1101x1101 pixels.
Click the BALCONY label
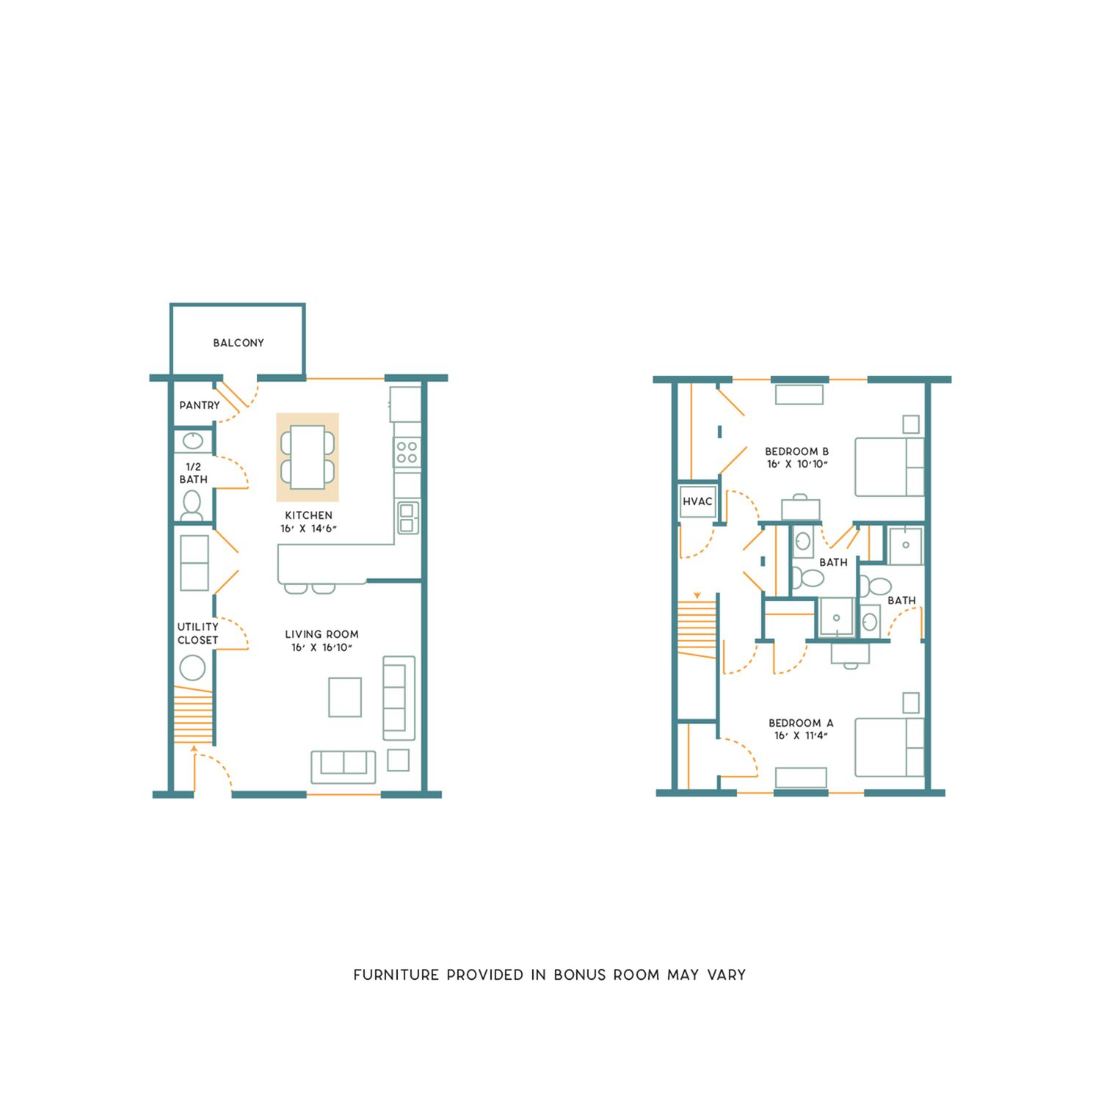(238, 343)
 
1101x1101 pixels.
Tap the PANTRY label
(200, 405)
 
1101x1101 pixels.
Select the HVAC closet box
(697, 502)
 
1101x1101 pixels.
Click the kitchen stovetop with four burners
(407, 451)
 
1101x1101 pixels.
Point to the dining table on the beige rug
(308, 457)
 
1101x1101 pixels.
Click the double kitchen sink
(407, 517)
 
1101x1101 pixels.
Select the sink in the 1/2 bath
(193, 440)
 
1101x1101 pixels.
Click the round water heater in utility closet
(193, 669)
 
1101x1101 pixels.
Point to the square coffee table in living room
(345, 697)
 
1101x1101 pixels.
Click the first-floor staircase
(194, 716)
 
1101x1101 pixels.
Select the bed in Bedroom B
(890, 467)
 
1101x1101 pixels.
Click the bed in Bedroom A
(890, 747)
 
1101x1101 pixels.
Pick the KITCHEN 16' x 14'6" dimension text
(308, 528)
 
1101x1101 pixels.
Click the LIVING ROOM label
(321, 634)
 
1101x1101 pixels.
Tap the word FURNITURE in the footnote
(396, 975)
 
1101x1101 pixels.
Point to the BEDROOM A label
(801, 723)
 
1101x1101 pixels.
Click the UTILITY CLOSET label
(197, 633)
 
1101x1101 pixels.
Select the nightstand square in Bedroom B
(911, 424)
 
